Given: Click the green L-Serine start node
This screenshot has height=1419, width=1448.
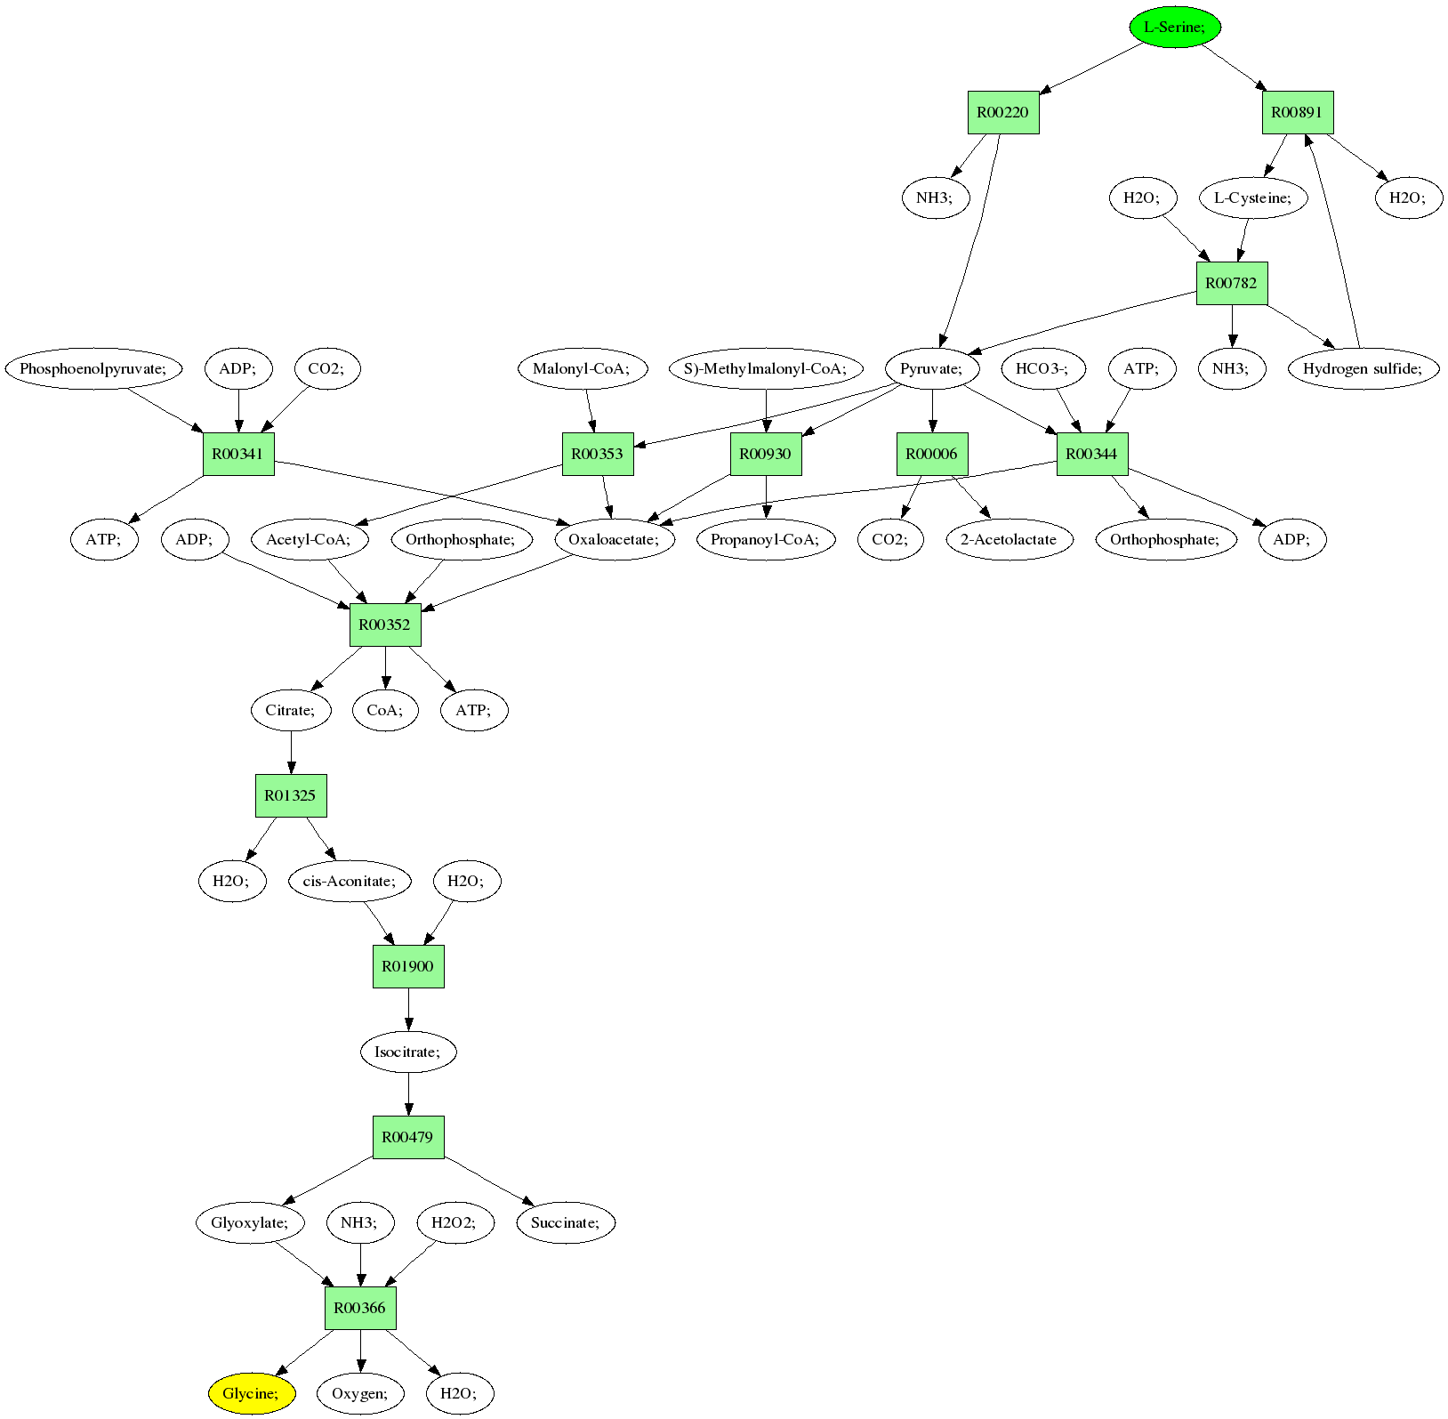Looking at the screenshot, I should (x=1174, y=27).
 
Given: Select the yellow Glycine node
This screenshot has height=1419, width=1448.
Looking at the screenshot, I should (x=251, y=1393).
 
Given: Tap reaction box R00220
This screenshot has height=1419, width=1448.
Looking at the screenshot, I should (x=1002, y=112).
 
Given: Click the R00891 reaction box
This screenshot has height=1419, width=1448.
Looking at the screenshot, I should (x=1297, y=112).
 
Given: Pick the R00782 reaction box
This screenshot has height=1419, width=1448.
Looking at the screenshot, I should (x=1231, y=283).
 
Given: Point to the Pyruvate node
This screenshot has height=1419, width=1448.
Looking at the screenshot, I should (x=931, y=368).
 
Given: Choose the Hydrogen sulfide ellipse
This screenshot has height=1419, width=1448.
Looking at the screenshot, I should (x=1363, y=368).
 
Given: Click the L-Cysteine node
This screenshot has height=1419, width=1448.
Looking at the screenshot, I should (x=1252, y=198).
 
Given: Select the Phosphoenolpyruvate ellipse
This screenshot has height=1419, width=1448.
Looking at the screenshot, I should (x=93, y=368).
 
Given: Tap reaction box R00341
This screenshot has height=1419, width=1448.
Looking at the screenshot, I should (x=237, y=454).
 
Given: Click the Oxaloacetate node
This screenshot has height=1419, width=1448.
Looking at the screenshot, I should (x=614, y=539).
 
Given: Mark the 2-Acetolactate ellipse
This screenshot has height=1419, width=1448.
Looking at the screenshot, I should (x=1009, y=539).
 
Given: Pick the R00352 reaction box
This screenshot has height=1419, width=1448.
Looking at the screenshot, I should (x=384, y=625).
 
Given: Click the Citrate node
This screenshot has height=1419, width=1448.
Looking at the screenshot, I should (x=290, y=710).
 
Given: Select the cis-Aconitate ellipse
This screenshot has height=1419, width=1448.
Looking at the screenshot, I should (x=350, y=881).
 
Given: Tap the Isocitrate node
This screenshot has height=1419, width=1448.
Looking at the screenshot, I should (x=407, y=1052).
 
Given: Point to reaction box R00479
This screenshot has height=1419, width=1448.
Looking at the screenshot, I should (x=407, y=1137).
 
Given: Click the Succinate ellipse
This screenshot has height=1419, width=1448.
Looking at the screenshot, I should (x=566, y=1222).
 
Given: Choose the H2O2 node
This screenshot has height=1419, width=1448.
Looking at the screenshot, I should (x=454, y=1222).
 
